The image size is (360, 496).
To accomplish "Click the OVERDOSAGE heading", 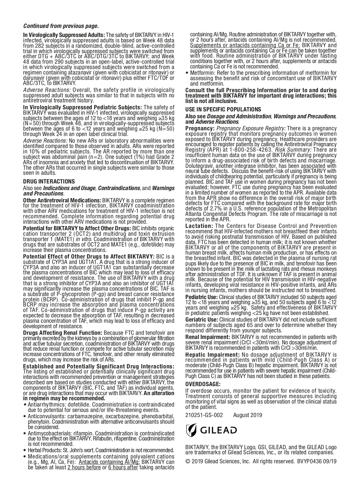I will coord(203,384).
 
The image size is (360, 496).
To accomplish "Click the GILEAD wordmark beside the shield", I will coord(218,430).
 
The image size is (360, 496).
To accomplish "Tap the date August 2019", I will coord(247,415).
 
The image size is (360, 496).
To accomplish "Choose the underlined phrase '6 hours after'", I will coord(123,467).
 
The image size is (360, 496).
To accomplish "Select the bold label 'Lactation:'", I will coord(199,226).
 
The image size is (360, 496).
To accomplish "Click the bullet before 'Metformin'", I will coord(187,73).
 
